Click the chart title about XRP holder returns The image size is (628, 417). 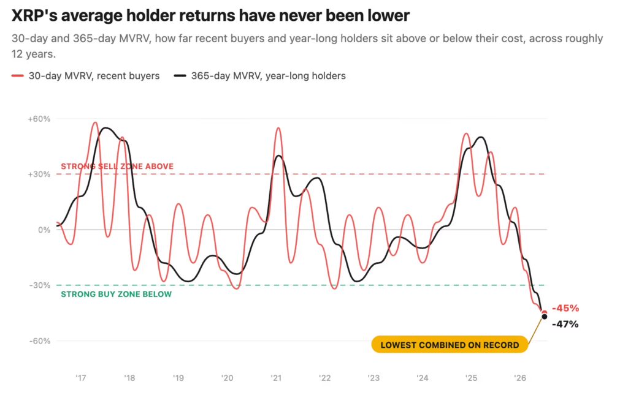[x=210, y=15]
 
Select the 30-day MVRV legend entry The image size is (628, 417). [x=86, y=76]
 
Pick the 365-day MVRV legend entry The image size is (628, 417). [x=260, y=76]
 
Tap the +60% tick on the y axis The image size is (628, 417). [x=39, y=119]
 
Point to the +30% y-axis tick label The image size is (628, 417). [x=39, y=175]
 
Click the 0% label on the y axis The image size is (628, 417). [x=44, y=230]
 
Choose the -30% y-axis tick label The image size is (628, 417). [x=40, y=285]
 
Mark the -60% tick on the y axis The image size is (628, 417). [x=40, y=341]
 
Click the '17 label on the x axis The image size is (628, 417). [x=81, y=378]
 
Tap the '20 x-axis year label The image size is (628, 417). [x=227, y=378]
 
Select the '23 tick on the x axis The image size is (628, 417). [x=373, y=378]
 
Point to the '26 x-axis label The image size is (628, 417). [x=520, y=378]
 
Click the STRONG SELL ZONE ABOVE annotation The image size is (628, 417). [x=117, y=167]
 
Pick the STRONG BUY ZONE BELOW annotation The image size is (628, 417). [x=116, y=295]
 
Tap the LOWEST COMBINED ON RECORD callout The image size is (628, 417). [x=450, y=345]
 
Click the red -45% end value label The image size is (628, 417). [x=565, y=308]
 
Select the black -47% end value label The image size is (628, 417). [x=565, y=325]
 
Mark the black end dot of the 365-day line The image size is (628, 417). [x=545, y=317]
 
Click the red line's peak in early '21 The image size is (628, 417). [x=278, y=128]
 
